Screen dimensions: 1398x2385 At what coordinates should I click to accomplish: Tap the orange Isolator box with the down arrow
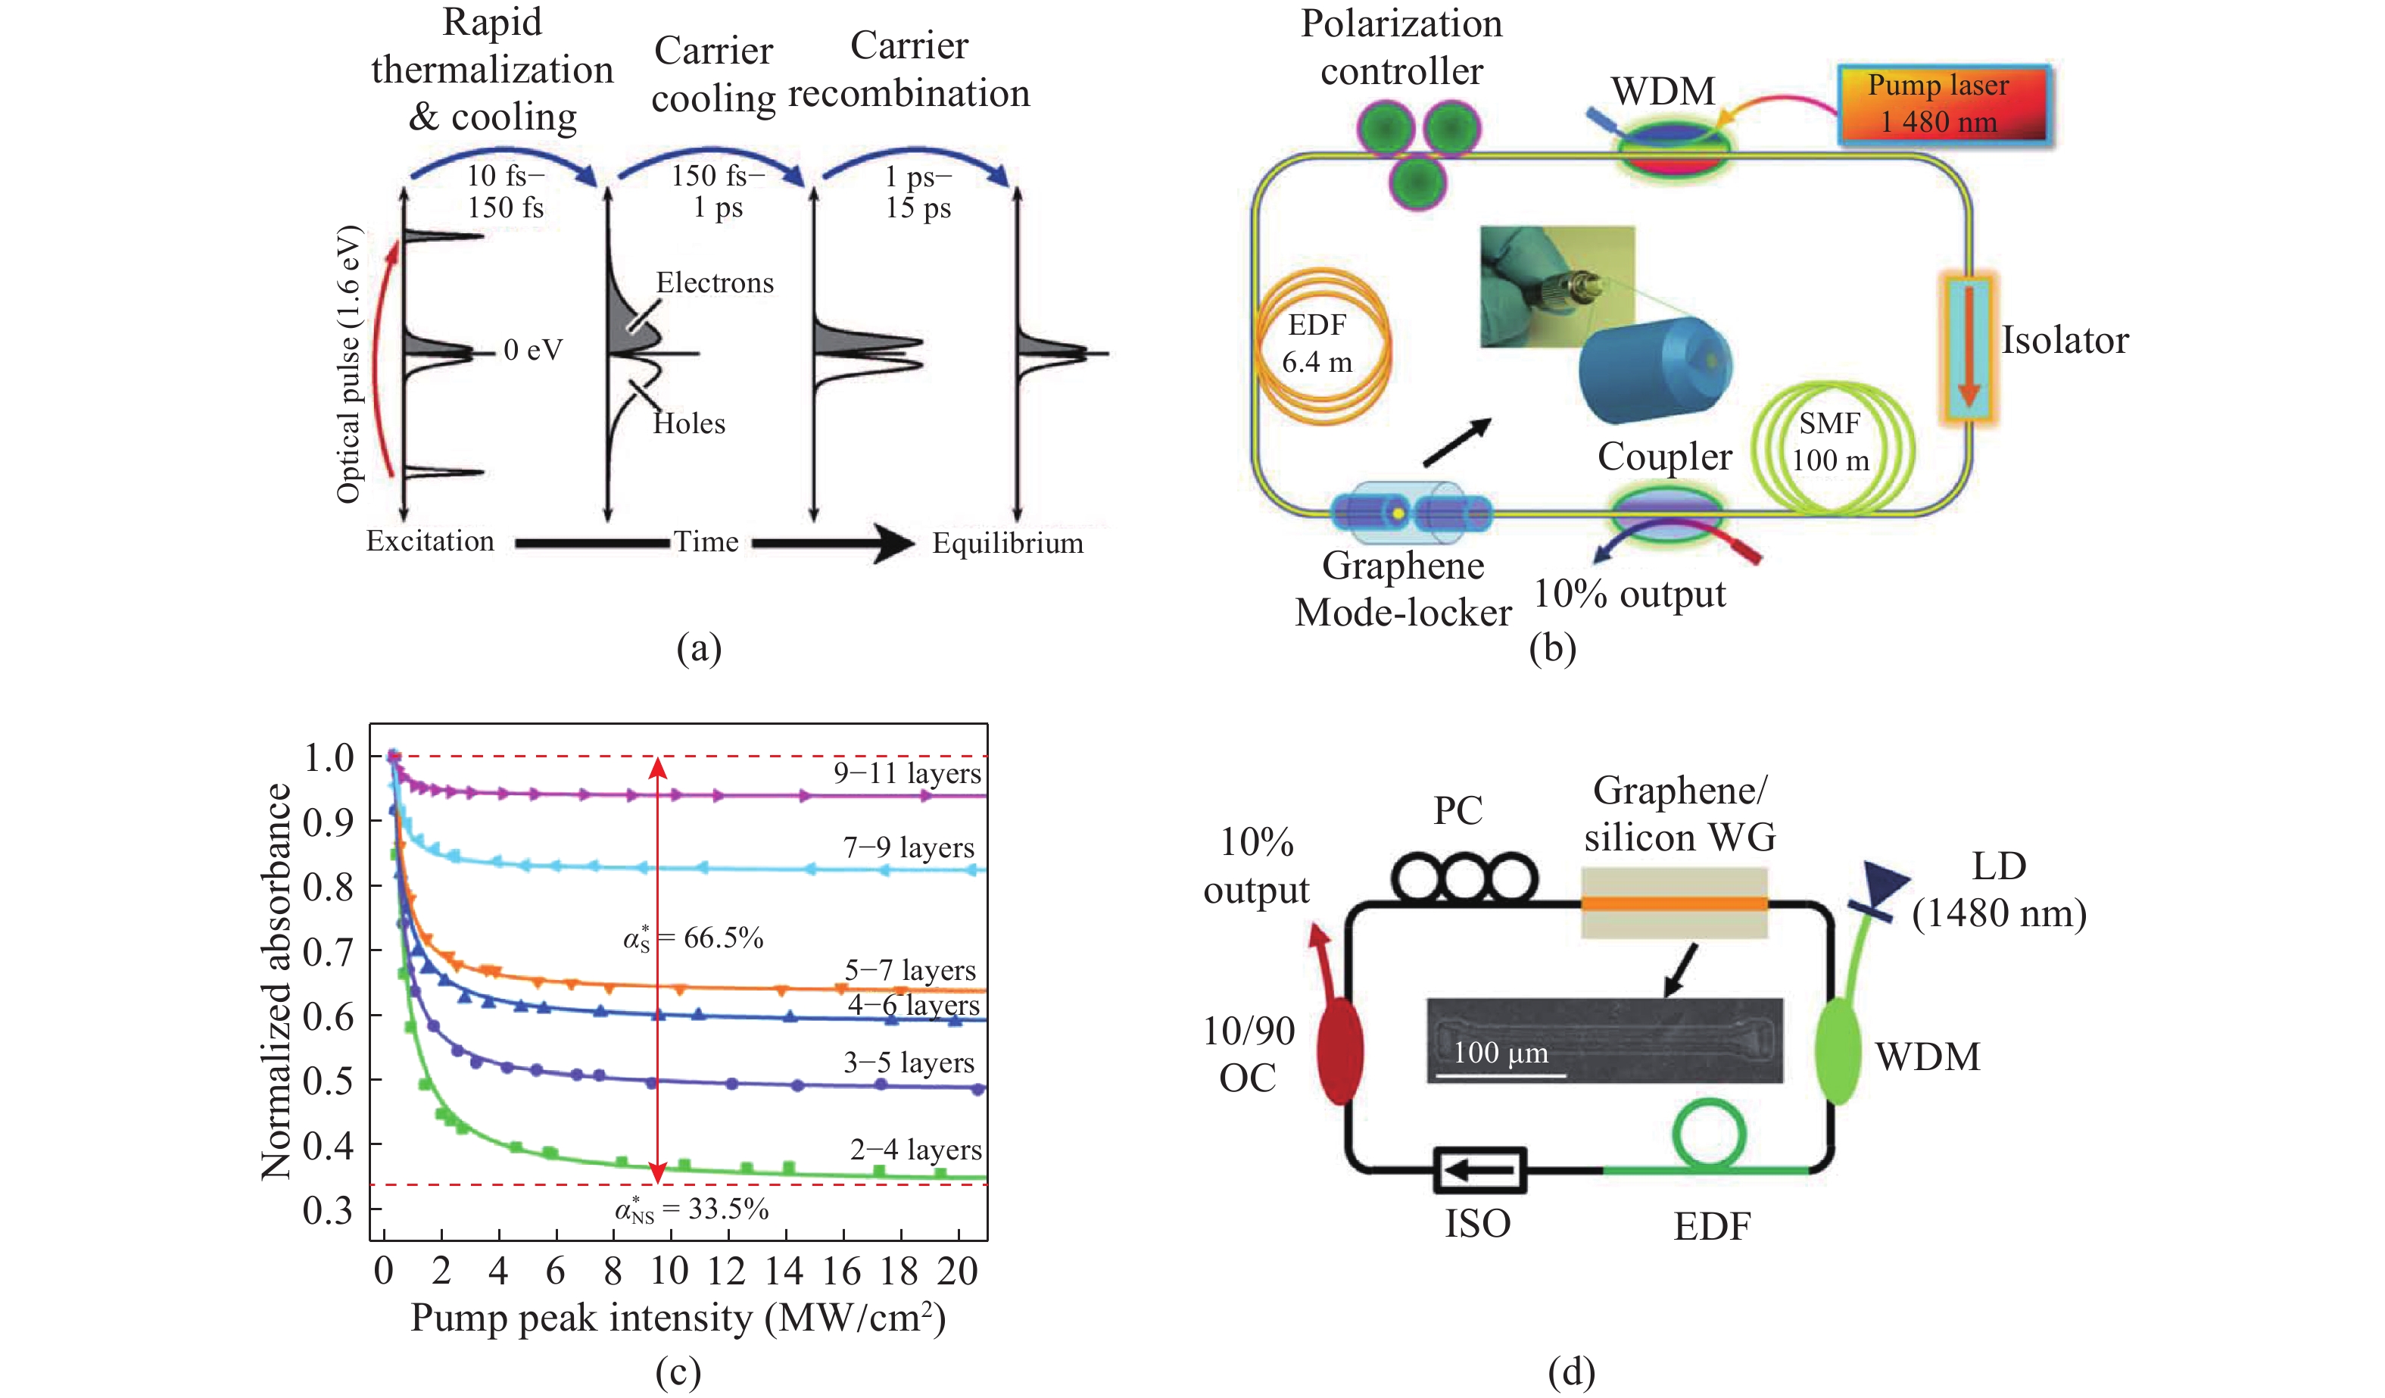pyautogui.click(x=1968, y=348)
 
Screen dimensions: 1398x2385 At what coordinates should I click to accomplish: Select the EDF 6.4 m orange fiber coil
pyautogui.click(x=1322, y=345)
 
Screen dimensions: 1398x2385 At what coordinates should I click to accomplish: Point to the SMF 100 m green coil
pyautogui.click(x=1832, y=445)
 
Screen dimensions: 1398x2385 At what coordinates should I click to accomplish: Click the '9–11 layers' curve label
pyautogui.click(x=907, y=773)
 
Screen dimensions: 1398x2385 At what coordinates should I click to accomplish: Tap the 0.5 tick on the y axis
pyautogui.click(x=329, y=1080)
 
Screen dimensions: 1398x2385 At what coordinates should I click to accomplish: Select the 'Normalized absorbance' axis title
pyautogui.click(x=276, y=981)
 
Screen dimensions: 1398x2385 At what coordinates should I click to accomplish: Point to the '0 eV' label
pyautogui.click(x=533, y=350)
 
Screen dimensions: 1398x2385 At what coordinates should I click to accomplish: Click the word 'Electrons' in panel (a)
pyautogui.click(x=715, y=283)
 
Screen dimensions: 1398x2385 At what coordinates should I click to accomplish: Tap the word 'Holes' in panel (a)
pyautogui.click(x=689, y=423)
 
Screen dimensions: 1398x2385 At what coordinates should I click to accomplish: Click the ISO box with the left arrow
pyautogui.click(x=1479, y=1171)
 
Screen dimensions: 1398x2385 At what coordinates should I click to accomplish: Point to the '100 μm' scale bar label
pyautogui.click(x=1500, y=1053)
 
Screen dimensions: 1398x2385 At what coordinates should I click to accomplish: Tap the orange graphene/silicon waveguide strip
pyautogui.click(x=1673, y=903)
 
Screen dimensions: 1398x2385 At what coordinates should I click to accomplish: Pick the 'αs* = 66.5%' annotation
pyautogui.click(x=693, y=938)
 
